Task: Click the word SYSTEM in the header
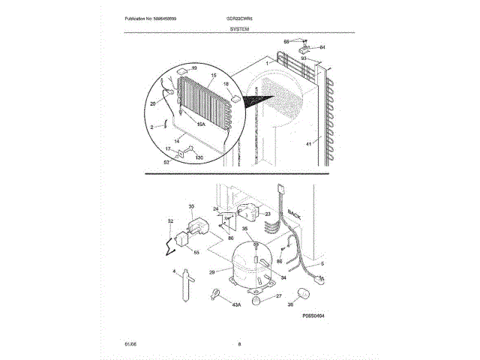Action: [240, 28]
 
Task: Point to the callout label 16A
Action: [201, 124]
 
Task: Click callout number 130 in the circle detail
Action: [199, 157]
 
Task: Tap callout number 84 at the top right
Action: [322, 47]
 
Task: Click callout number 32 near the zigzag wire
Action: [170, 221]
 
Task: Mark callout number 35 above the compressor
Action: [244, 229]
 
